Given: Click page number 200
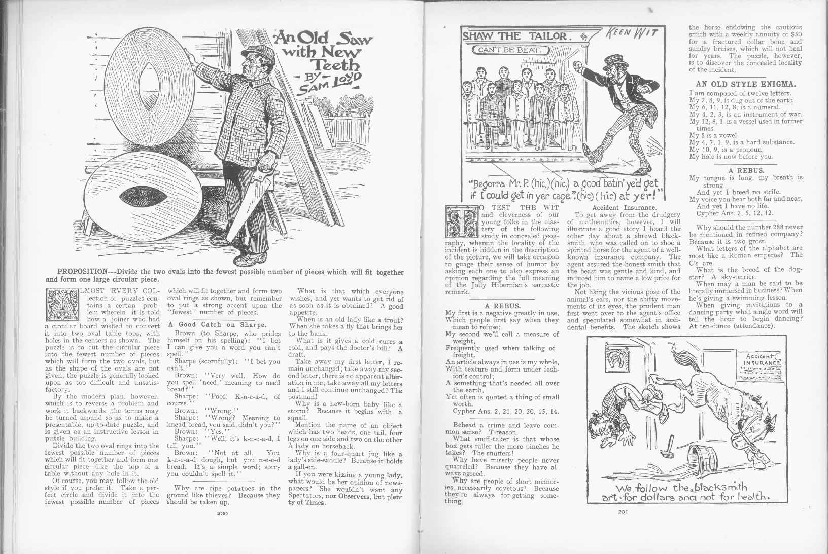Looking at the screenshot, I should pos(222,513).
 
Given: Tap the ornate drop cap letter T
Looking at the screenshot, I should pos(461,221).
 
